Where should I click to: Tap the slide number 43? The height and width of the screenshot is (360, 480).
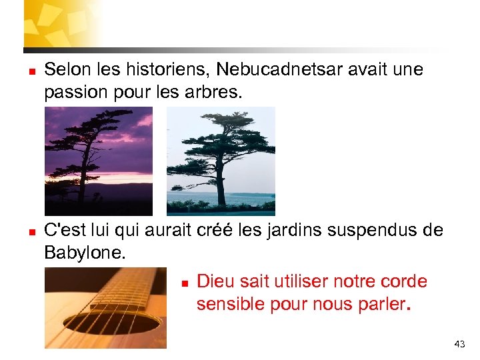(459, 344)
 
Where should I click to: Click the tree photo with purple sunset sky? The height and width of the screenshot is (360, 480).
(99, 161)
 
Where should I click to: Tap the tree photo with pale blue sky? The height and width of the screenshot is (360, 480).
(220, 161)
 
